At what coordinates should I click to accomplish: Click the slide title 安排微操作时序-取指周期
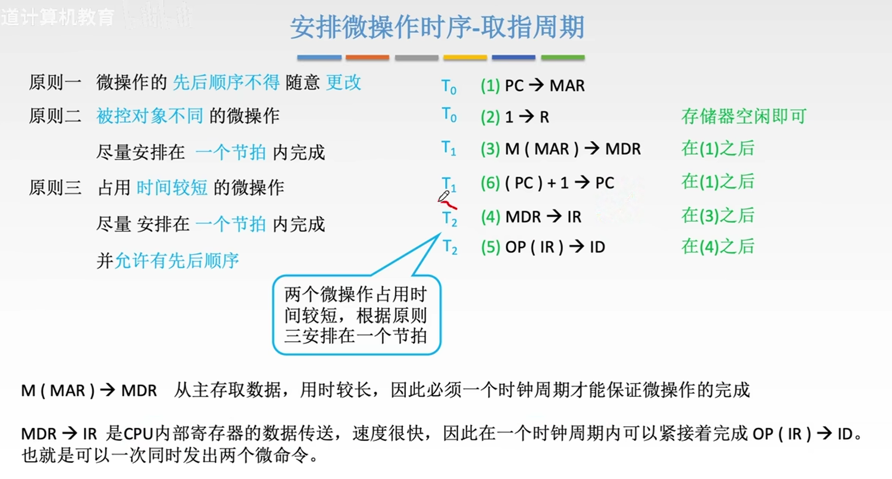(x=437, y=28)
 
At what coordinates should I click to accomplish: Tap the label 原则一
(x=55, y=82)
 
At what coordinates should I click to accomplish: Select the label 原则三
(x=55, y=188)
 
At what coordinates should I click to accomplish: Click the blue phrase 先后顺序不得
(x=226, y=82)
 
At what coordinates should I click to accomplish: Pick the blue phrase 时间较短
(x=171, y=188)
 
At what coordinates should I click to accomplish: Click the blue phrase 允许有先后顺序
(x=176, y=261)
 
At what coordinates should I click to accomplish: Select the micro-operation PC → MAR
(x=544, y=86)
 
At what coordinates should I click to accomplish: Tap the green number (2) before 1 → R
(x=490, y=118)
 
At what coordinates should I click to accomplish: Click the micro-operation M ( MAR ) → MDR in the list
(x=572, y=149)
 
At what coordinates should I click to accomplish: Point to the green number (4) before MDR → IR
(x=490, y=217)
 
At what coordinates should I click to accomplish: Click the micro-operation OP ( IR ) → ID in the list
(x=555, y=247)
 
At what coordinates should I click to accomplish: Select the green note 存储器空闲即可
(x=743, y=116)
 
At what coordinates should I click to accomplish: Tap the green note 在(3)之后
(x=718, y=215)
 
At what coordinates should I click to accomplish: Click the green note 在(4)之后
(x=718, y=246)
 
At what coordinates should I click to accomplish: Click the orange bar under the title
(x=367, y=58)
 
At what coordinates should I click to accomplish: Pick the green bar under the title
(x=562, y=58)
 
